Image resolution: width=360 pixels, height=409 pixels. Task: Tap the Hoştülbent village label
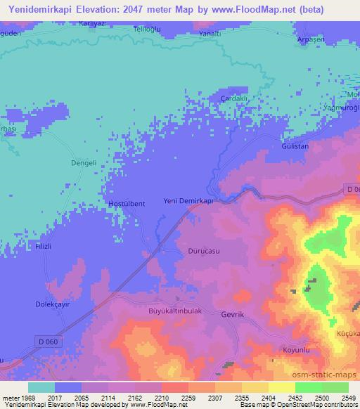tap(127, 204)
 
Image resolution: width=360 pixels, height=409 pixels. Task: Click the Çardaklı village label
tap(234, 98)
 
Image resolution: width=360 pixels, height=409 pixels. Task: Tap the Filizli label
tap(26, 247)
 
